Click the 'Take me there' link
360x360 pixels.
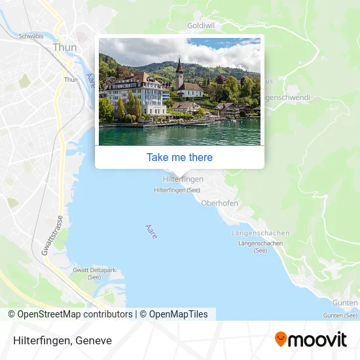[179, 157]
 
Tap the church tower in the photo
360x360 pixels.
[179, 74]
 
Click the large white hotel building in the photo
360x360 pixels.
[136, 94]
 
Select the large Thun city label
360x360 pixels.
[64, 47]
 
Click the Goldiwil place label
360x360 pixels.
[201, 25]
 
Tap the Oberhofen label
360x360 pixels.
[219, 203]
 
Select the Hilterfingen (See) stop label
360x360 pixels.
[177, 190]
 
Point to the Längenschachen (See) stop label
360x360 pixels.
[261, 247]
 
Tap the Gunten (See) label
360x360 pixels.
[340, 315]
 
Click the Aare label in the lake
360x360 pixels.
[151, 231]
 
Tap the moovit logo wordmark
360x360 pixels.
[318, 339]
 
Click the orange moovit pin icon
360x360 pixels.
[281, 339]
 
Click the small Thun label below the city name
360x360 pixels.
[71, 80]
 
